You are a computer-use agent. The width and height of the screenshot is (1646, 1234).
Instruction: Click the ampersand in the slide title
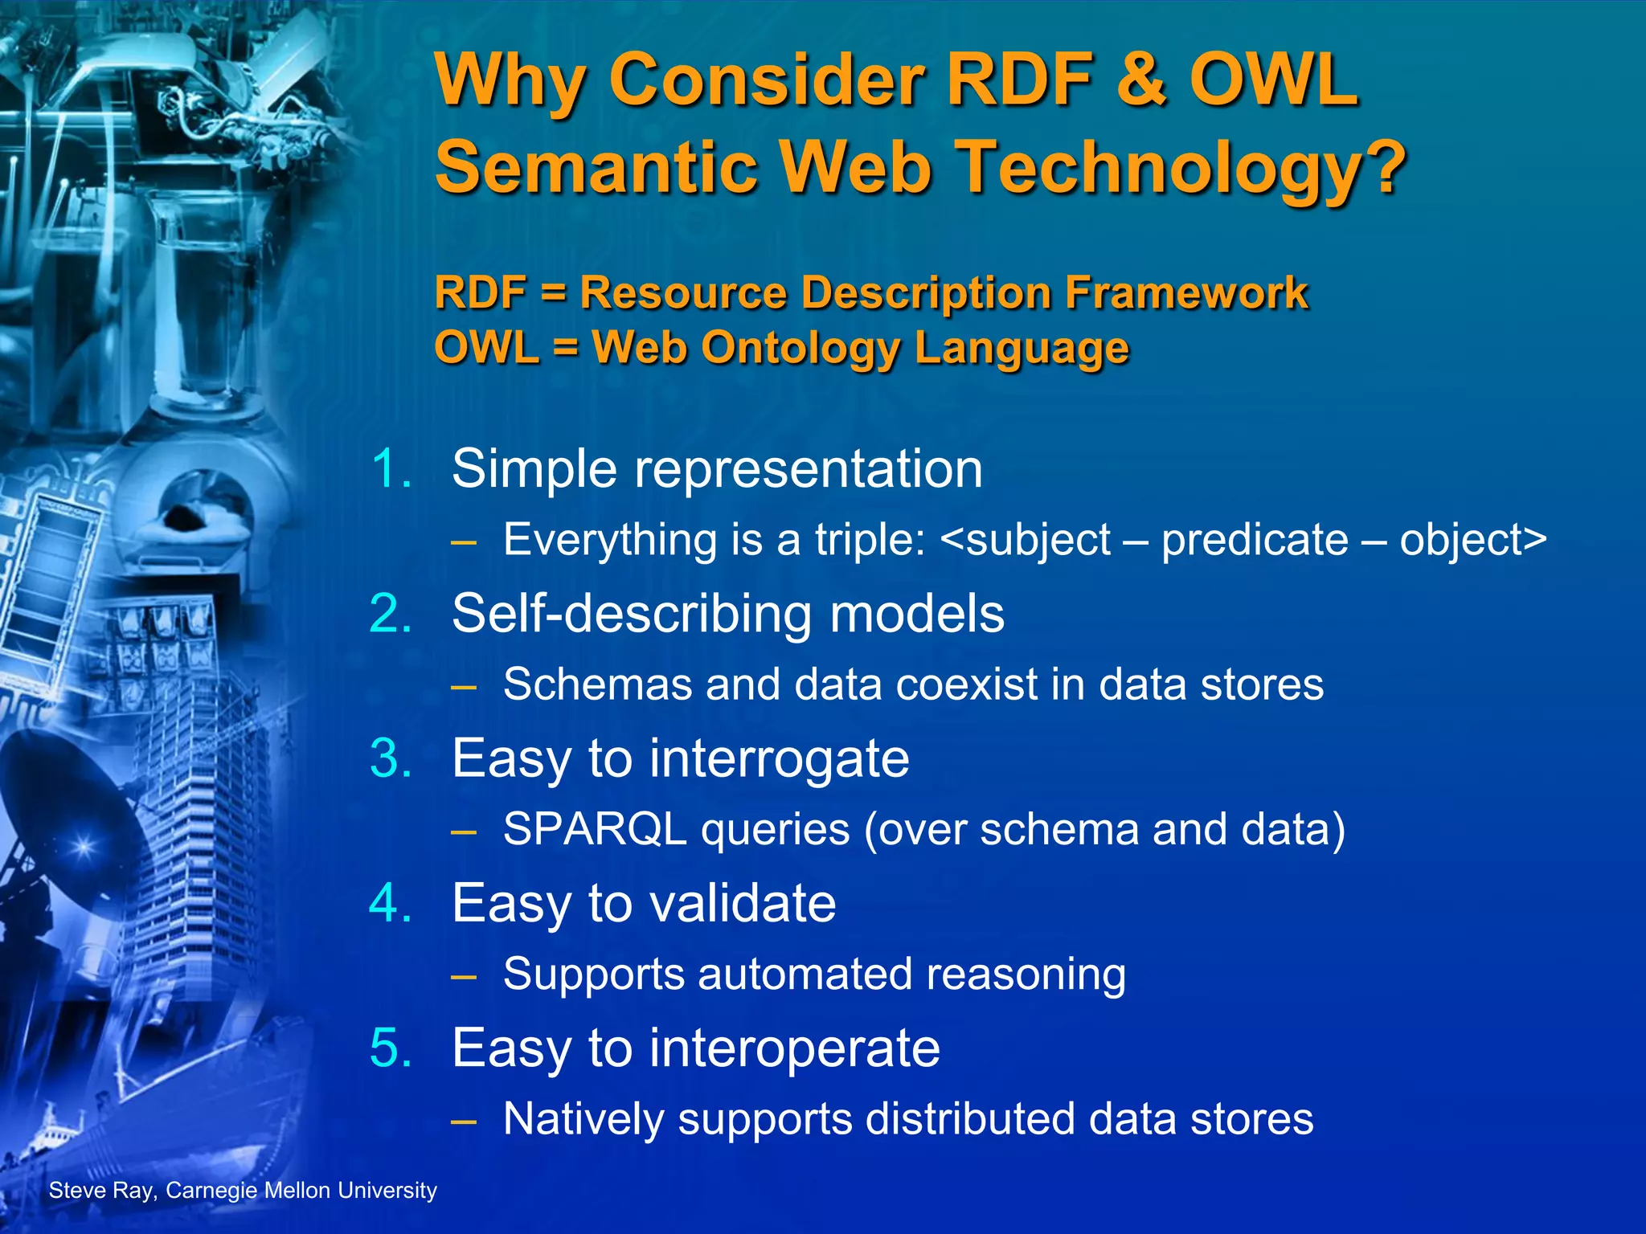[x=1136, y=80]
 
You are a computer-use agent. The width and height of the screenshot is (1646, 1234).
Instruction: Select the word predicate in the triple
[x=1255, y=540]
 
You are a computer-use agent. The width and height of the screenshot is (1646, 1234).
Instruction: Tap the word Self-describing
[x=632, y=615]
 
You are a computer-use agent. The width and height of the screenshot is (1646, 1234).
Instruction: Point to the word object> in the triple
[x=1472, y=540]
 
